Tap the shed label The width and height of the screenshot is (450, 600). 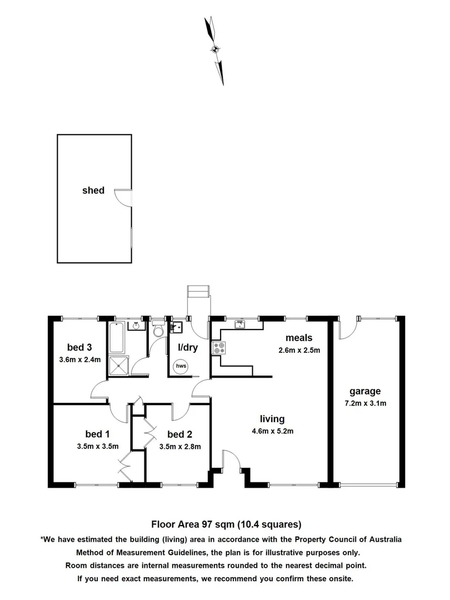click(93, 191)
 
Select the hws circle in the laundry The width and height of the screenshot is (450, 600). click(181, 367)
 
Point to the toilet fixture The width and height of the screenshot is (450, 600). click(158, 331)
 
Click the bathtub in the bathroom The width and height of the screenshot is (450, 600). click(117, 337)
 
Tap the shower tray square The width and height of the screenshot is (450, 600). click(118, 366)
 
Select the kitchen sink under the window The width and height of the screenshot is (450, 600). click(240, 322)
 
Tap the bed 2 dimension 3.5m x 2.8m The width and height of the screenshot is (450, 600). click(179, 446)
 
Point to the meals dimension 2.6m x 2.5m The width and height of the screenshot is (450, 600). click(299, 351)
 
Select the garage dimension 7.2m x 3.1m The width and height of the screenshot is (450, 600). click(365, 403)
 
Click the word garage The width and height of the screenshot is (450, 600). click(365, 391)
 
